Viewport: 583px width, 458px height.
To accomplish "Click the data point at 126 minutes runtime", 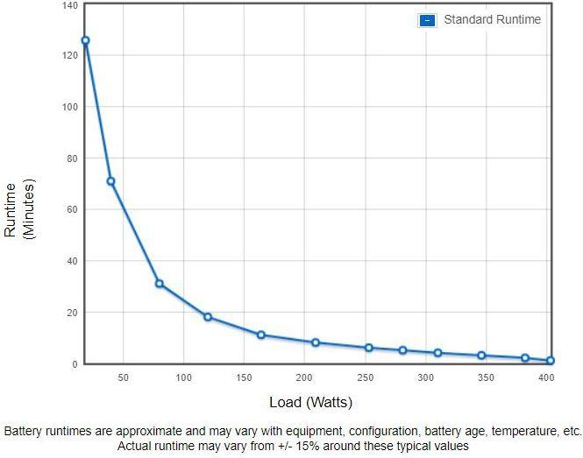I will click(85, 40).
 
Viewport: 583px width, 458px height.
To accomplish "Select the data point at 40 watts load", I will click(110, 181).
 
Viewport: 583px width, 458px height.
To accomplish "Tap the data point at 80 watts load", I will click(159, 284).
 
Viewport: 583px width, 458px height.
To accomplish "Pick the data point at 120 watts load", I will click(208, 317).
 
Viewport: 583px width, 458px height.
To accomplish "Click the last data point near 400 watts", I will click(550, 361).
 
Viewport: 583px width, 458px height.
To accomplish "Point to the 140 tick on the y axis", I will click(69, 5).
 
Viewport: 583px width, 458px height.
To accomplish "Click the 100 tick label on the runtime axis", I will click(69, 107).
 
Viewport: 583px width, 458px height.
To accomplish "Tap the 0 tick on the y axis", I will click(75, 363).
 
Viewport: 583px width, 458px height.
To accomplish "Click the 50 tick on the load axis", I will click(123, 377).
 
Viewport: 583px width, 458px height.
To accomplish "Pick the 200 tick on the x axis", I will click(305, 377).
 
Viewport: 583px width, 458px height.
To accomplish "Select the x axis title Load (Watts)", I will click(310, 403).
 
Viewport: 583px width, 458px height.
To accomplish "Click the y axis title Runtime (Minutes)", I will click(19, 209).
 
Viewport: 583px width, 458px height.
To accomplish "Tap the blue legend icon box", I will click(427, 20).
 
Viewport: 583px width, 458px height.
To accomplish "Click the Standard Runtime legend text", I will click(492, 19).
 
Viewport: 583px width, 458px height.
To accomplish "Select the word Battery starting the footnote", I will click(24, 432).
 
